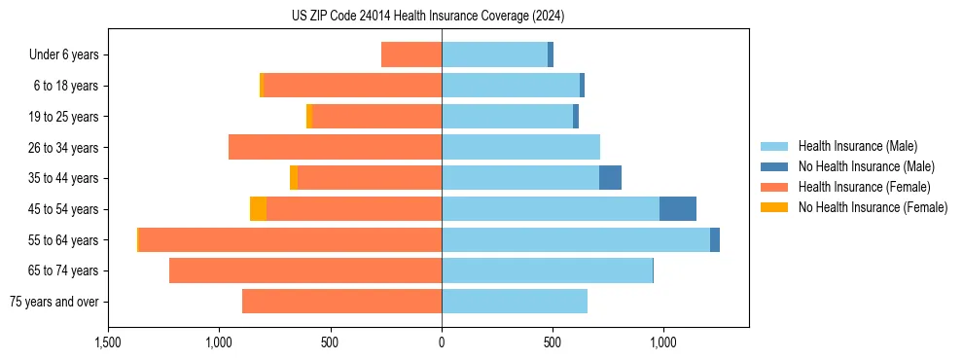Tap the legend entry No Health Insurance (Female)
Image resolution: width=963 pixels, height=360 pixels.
(x=873, y=207)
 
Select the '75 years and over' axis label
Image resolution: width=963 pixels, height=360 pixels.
(x=53, y=302)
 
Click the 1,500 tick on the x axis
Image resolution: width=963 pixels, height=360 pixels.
(x=108, y=342)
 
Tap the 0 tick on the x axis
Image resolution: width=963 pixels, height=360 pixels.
(x=442, y=342)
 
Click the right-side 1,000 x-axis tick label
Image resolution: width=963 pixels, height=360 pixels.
(x=663, y=342)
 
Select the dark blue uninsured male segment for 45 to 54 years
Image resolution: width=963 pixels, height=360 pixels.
(x=678, y=209)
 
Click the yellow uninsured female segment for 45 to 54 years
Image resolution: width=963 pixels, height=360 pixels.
(x=258, y=209)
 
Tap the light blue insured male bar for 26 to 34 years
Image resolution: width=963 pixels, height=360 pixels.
(x=520, y=148)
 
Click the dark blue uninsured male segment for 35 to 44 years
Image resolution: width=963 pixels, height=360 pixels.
(x=610, y=178)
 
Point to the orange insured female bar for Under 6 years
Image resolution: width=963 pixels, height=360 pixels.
(x=411, y=55)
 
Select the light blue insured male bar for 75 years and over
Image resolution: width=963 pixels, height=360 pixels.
(x=515, y=302)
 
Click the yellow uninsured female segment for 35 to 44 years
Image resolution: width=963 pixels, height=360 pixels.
(x=294, y=178)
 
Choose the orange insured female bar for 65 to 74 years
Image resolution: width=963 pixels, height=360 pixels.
(x=305, y=270)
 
